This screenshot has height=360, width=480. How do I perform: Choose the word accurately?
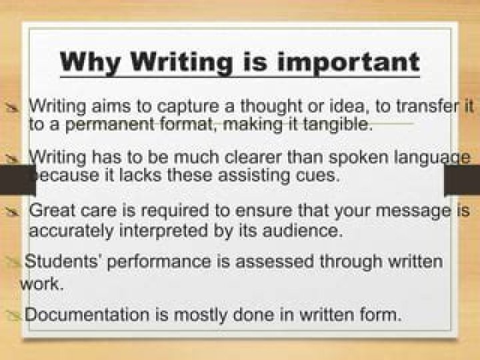(71, 231)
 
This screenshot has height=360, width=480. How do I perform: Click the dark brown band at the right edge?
(462, 180)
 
